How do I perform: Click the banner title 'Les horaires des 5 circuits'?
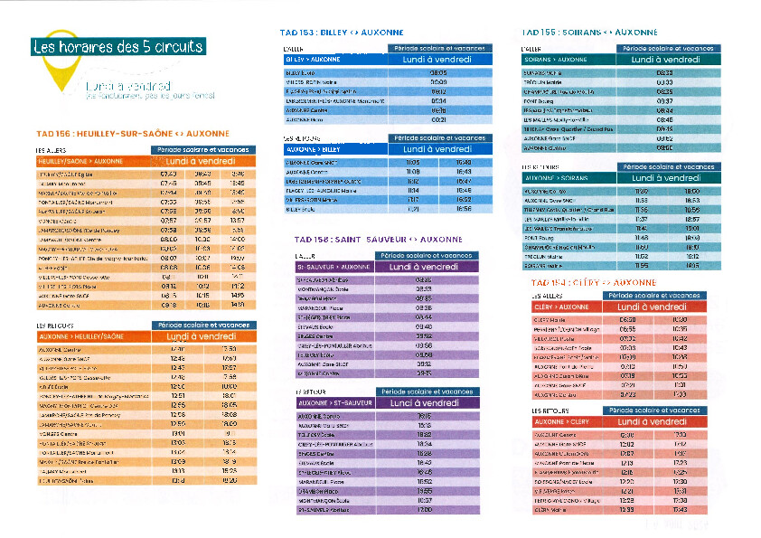(117, 47)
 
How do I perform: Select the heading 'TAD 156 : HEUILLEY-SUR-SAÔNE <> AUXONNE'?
(127, 132)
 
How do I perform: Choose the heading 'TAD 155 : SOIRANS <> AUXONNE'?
(577, 32)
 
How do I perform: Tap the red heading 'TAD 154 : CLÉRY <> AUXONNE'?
(593, 282)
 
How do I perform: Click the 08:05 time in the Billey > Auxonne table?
(438, 72)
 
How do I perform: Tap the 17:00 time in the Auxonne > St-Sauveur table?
(424, 510)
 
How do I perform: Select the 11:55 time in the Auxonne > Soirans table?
(642, 266)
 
